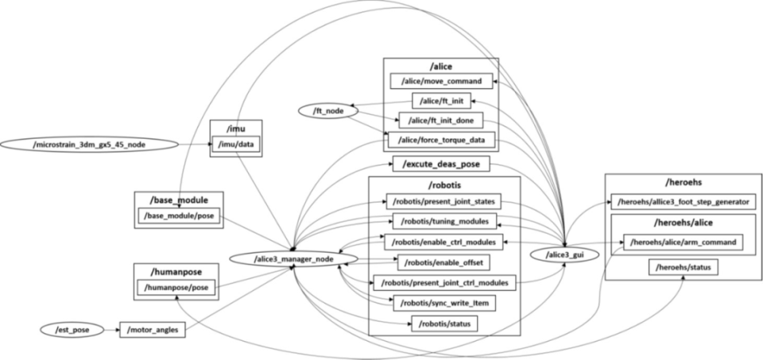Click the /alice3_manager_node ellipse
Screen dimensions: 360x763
coord(292,259)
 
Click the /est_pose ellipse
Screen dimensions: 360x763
coord(71,328)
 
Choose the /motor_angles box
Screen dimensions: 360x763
coord(153,328)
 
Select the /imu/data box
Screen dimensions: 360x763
coord(236,144)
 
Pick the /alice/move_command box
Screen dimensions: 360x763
coord(441,81)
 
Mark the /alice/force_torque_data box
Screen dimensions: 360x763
coord(441,140)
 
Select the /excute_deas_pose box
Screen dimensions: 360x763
coord(440,165)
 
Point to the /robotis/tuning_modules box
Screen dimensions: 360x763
coord(444,220)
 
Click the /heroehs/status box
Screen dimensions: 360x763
coord(683,268)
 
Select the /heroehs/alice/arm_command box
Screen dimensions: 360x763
coord(683,241)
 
